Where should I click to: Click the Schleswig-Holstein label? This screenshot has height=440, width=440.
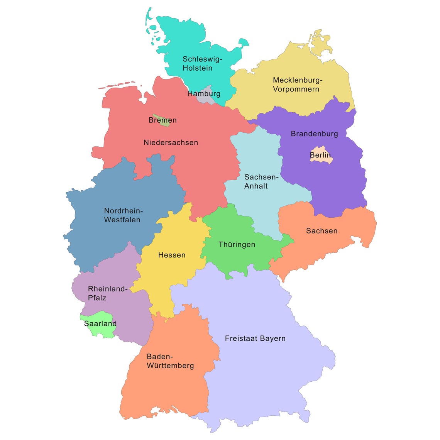pyautogui.click(x=202, y=64)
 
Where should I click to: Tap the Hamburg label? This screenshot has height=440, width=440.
pyautogui.click(x=204, y=93)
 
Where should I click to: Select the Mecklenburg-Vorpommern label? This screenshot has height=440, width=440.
pyautogui.click(x=297, y=85)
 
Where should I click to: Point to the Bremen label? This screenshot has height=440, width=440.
pyautogui.click(x=162, y=120)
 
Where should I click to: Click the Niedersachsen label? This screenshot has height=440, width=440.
pyautogui.click(x=171, y=142)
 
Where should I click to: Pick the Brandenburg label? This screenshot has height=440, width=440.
pyautogui.click(x=314, y=134)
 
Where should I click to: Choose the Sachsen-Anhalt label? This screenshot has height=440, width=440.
pyautogui.click(x=261, y=181)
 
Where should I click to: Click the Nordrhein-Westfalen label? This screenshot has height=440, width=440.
pyautogui.click(x=123, y=215)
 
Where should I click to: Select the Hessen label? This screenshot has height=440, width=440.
pyautogui.click(x=172, y=255)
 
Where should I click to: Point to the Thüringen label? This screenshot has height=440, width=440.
pyautogui.click(x=237, y=244)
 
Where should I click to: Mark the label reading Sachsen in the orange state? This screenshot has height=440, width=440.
pyautogui.click(x=322, y=231)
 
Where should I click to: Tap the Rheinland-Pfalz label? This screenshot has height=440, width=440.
pyautogui.click(x=107, y=293)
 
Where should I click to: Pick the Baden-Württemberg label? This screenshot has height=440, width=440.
pyautogui.click(x=170, y=361)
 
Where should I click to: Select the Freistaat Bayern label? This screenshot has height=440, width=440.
pyautogui.click(x=255, y=338)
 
